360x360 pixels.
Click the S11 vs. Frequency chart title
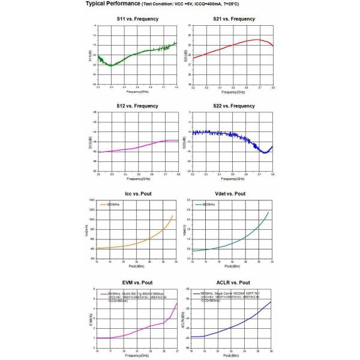137,19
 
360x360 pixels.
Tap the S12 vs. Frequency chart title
137,106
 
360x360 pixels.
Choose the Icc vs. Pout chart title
137,194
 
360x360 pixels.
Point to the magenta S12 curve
138,148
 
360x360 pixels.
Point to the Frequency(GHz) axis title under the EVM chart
137,355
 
